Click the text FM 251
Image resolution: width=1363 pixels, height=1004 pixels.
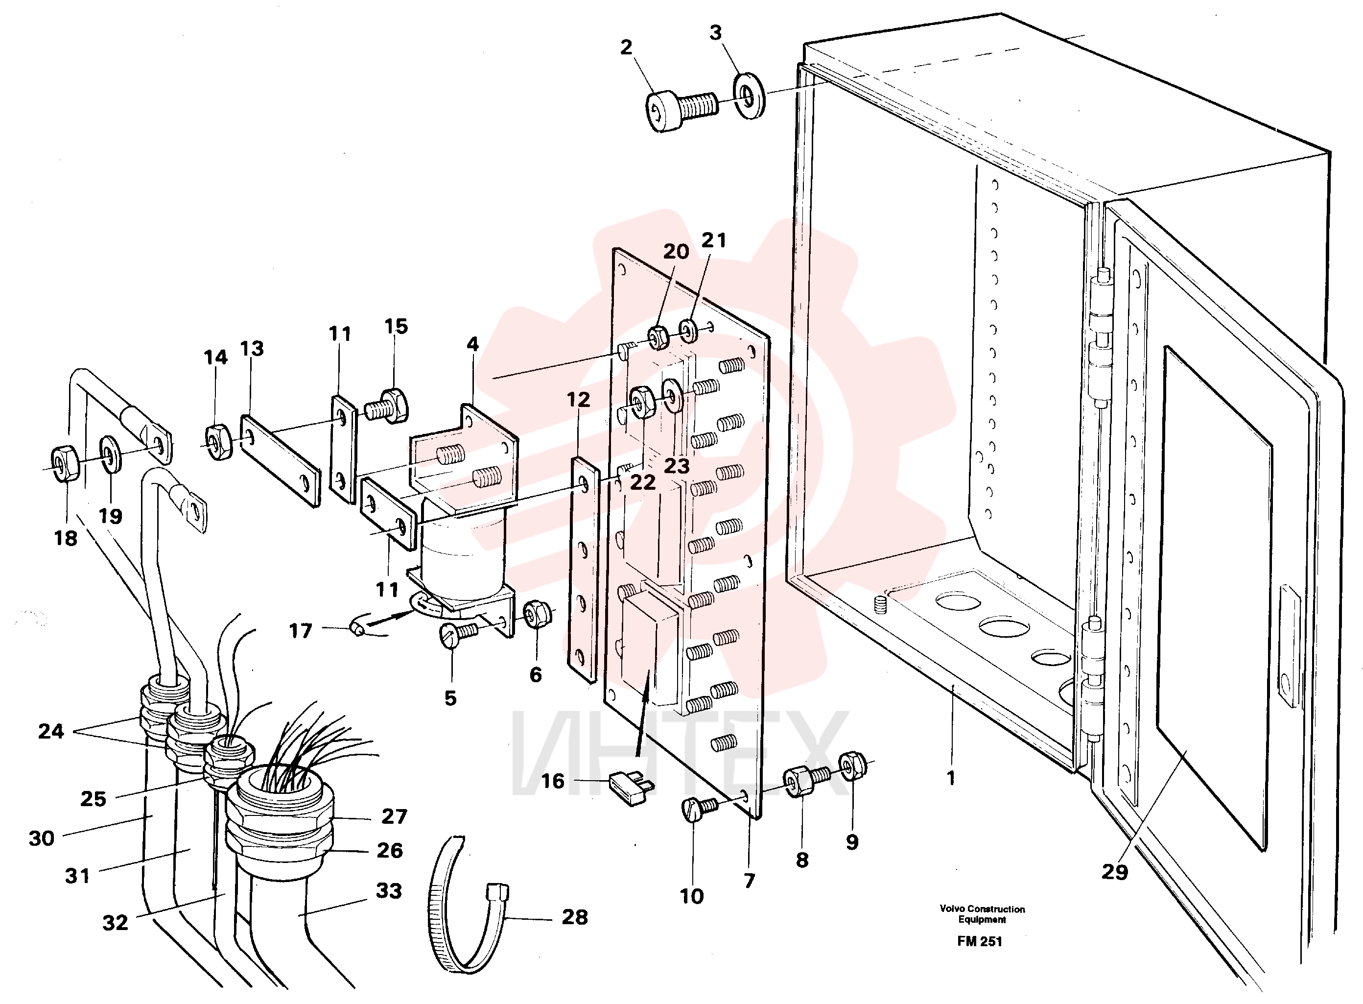coord(980,941)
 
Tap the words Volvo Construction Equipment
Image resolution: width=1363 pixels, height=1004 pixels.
coord(982,914)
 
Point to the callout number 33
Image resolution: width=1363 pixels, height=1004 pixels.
coord(389,891)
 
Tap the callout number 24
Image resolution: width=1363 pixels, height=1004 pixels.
coord(51,731)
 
